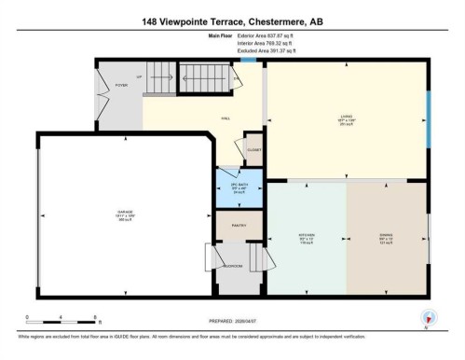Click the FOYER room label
tap(122, 84)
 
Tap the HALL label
tap(226, 118)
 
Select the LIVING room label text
tap(345, 118)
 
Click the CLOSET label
tap(253, 149)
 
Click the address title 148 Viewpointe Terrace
tap(232, 21)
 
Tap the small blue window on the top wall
tap(247, 61)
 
